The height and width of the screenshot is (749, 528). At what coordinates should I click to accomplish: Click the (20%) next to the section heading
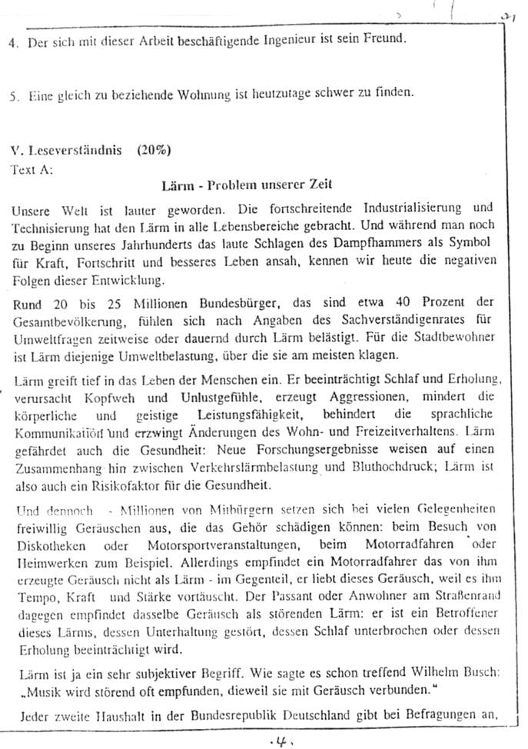pos(154,150)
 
